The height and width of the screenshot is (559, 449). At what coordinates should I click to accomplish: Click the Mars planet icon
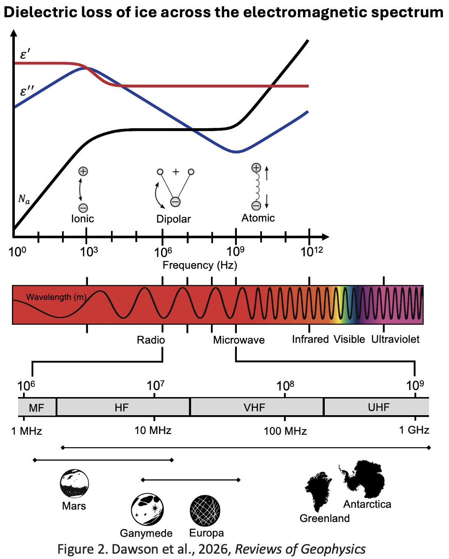[74, 483]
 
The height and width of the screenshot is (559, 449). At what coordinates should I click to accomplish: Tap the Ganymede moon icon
[147, 509]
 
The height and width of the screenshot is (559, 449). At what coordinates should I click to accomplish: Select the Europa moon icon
[205, 510]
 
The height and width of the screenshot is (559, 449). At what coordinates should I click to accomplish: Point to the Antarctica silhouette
[363, 479]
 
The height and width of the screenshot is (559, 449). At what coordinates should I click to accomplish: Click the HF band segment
[122, 407]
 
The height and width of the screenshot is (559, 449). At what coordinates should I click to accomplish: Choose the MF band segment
[37, 407]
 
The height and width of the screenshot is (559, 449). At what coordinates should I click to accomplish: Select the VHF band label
[254, 407]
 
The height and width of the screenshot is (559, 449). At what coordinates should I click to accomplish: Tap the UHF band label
[378, 407]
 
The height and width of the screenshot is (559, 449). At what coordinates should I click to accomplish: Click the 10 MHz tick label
[153, 430]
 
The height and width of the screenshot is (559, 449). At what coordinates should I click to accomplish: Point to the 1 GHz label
[414, 430]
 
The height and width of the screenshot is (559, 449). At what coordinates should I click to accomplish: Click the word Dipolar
[174, 219]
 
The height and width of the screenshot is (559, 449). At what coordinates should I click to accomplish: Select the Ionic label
[83, 219]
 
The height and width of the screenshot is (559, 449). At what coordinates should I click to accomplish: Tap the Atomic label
[258, 218]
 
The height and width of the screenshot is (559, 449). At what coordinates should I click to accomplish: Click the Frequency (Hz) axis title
[200, 265]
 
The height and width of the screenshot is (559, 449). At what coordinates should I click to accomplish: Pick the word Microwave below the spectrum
[239, 340]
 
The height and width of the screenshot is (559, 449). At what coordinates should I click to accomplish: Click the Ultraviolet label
[395, 339]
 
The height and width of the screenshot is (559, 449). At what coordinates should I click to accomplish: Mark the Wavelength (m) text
[56, 297]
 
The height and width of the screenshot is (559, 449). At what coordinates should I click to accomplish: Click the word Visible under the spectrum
[349, 339]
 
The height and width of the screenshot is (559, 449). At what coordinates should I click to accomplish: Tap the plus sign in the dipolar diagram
[176, 172]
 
